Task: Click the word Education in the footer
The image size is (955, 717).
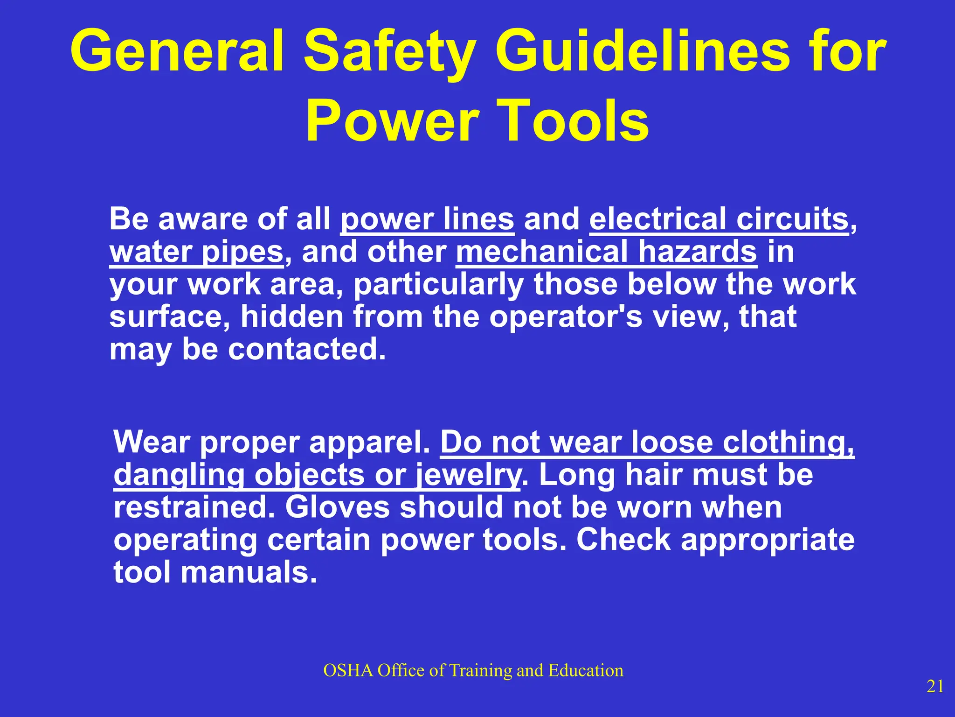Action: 586,670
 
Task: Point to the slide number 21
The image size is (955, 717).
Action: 935,686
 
